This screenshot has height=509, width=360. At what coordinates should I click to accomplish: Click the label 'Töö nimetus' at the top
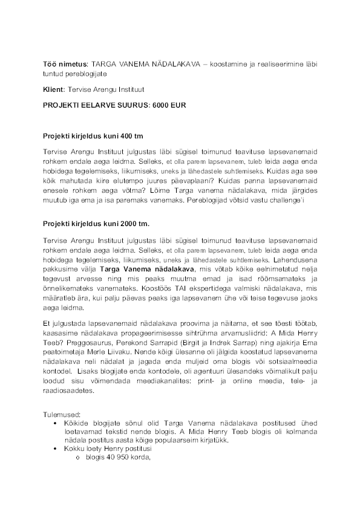click(x=65, y=63)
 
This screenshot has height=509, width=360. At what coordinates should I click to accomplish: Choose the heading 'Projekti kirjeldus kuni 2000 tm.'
click(x=96, y=224)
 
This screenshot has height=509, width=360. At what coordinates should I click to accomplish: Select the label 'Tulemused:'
click(x=61, y=416)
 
